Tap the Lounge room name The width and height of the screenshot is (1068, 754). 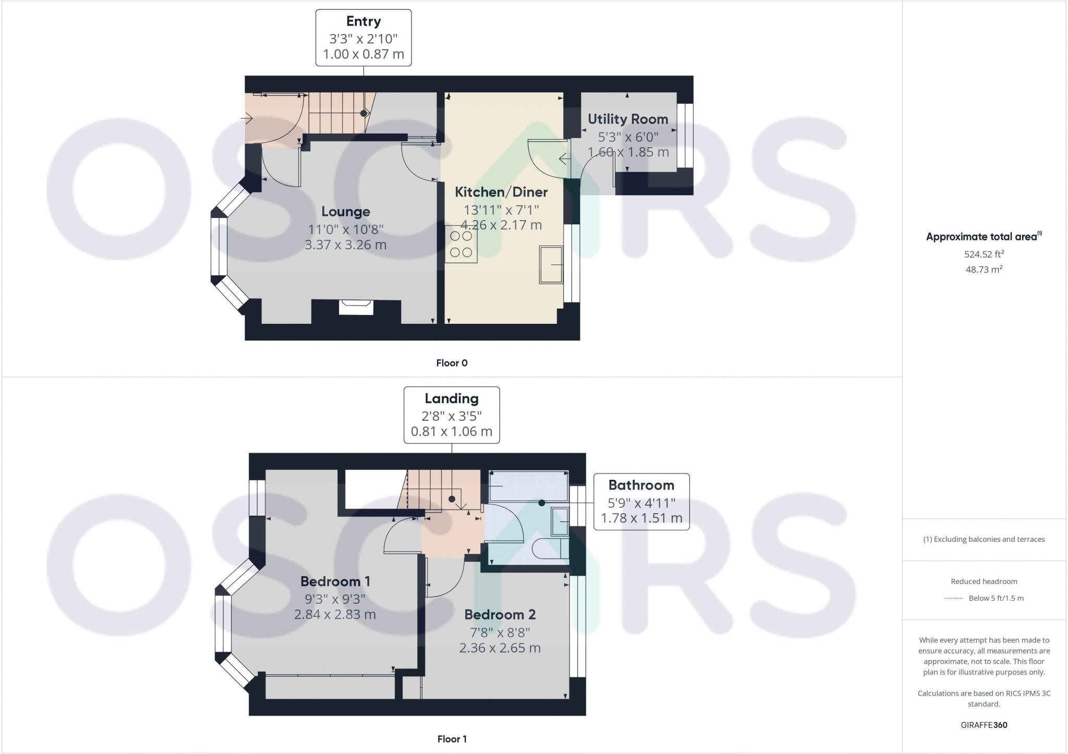pyautogui.click(x=345, y=212)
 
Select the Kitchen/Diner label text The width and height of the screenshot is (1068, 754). pyautogui.click(x=501, y=192)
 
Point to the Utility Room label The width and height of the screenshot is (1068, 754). pyautogui.click(x=627, y=119)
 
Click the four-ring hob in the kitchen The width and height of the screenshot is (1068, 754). pyautogui.click(x=461, y=244)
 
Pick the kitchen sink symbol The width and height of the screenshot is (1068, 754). pyautogui.click(x=551, y=264)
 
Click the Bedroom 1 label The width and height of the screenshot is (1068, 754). pyautogui.click(x=335, y=581)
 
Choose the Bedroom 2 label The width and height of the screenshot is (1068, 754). pyautogui.click(x=500, y=615)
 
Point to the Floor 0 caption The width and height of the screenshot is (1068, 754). pyautogui.click(x=452, y=363)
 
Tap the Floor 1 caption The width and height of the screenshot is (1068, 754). pyautogui.click(x=452, y=739)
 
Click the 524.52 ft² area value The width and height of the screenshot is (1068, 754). pyautogui.click(x=984, y=254)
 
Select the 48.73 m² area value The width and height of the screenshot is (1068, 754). pyautogui.click(x=984, y=270)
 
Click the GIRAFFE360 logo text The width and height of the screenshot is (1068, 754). pyautogui.click(x=984, y=725)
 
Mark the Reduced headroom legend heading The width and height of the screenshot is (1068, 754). pyautogui.click(x=984, y=581)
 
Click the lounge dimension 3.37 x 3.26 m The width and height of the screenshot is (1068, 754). pyautogui.click(x=345, y=245)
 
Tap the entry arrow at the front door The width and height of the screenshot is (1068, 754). pyautogui.click(x=247, y=119)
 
